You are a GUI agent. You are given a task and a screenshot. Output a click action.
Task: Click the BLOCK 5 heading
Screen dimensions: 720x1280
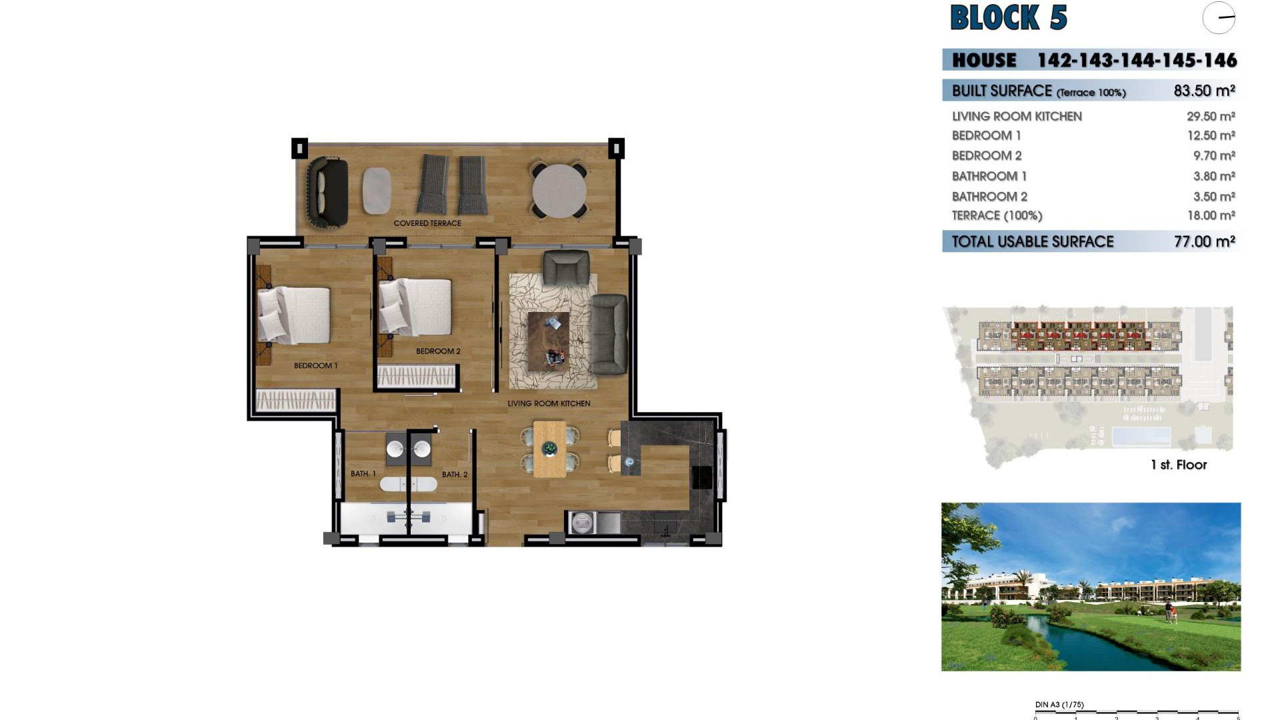point(1008,18)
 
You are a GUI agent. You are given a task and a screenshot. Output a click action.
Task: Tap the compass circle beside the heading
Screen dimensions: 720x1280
point(1219,18)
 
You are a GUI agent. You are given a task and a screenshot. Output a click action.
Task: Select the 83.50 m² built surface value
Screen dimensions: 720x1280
point(1204,91)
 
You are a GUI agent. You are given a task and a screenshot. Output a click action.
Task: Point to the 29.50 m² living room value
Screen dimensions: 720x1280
point(1211,116)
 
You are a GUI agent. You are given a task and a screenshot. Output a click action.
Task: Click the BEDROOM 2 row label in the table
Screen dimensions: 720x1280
point(987,155)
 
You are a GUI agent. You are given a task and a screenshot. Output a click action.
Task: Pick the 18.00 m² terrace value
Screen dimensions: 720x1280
point(1211,215)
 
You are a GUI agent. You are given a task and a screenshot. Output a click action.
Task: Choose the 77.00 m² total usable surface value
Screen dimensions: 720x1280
point(1204,241)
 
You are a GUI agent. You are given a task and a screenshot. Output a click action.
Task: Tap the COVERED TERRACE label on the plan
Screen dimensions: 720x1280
point(427,223)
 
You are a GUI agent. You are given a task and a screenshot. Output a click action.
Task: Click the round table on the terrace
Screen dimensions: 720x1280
point(559,191)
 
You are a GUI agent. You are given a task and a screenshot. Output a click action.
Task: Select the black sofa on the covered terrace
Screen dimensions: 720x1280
point(327,192)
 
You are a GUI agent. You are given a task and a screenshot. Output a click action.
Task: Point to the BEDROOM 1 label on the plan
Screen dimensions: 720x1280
point(315,365)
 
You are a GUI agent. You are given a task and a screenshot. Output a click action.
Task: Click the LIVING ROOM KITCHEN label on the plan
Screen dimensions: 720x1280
point(549,403)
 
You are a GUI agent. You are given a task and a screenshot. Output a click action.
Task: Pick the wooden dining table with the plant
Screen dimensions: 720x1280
point(550,449)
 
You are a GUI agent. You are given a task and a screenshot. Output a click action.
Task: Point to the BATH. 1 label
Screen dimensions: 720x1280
point(363,474)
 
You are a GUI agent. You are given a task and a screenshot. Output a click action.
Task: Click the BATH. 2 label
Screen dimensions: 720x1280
point(455,475)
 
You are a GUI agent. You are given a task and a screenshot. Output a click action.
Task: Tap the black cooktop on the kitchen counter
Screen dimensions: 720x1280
point(702,477)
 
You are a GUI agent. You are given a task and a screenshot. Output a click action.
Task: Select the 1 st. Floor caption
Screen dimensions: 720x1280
point(1179,465)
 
